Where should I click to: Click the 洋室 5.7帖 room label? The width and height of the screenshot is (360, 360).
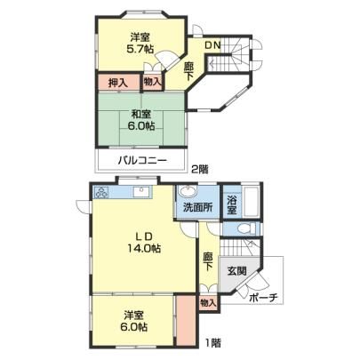(140, 43)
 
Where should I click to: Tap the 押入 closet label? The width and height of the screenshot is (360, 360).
(118, 83)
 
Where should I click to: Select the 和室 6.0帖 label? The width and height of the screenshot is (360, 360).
(141, 120)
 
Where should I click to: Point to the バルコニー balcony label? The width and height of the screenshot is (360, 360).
(143, 161)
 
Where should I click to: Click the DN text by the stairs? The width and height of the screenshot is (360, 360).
(213, 45)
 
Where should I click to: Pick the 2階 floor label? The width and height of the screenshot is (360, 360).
(200, 169)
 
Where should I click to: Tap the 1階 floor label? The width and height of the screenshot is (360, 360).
(213, 343)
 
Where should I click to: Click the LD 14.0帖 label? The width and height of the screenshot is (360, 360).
(144, 242)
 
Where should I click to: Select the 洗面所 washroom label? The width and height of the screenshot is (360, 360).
(197, 207)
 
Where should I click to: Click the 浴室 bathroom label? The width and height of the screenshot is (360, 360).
(231, 205)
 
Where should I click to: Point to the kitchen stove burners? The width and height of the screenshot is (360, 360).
(101, 193)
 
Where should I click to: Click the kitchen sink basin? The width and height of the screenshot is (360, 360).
(142, 193)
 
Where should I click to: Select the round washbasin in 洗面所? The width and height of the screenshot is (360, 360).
(188, 192)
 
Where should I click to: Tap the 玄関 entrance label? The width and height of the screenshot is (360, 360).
(236, 271)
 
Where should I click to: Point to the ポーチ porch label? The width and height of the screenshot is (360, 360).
(262, 298)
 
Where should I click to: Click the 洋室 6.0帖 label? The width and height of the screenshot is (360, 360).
(133, 321)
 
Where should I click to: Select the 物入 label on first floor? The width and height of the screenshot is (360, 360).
(208, 303)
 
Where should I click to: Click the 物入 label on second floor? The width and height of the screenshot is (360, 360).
(152, 82)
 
